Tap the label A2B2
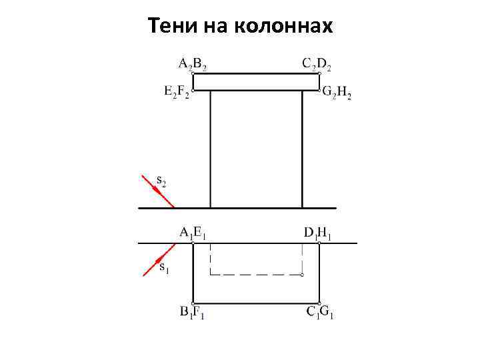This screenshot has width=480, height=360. pos(192,64)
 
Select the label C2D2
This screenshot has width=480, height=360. pos(317,64)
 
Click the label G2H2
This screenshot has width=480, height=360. pos(337,93)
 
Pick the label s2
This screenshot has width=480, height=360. pos(162,179)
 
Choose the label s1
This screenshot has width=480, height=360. pos(165,267)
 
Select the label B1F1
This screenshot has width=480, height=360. pos(192,311)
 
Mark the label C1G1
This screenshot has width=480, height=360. pos(320,311)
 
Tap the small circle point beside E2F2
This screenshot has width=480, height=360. pos(193,89)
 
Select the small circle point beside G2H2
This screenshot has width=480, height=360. pos(320,89)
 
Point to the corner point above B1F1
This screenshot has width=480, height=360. pos(193,302)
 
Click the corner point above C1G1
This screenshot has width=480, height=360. pos(319,302)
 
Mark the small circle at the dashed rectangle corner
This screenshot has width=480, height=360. pos(303,274)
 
